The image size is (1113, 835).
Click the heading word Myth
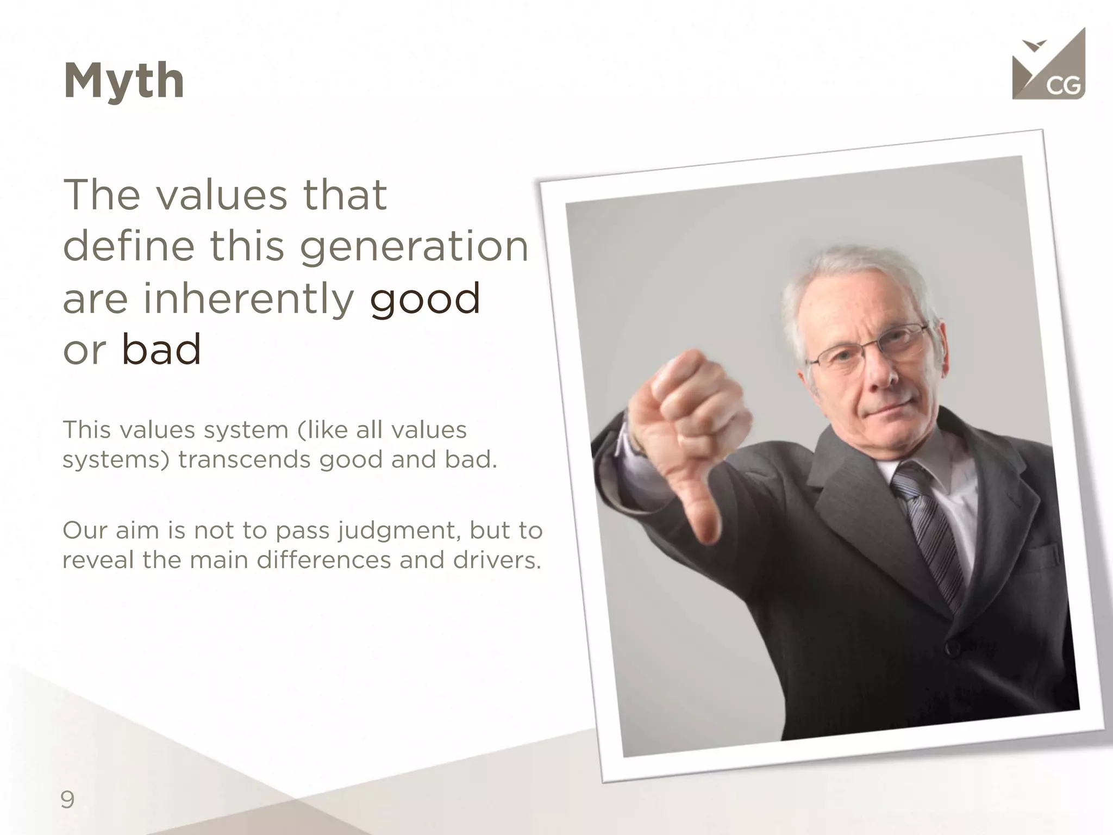pyautogui.click(x=124, y=81)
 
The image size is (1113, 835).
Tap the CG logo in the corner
pyautogui.click(x=1048, y=68)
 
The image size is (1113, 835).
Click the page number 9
pyautogui.click(x=67, y=800)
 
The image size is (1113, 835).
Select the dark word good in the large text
pyautogui.click(x=425, y=298)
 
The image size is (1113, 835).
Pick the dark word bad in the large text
pyautogui.click(x=161, y=350)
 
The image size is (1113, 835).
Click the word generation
pyautogui.click(x=413, y=246)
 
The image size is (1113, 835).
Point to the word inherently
pyautogui.click(x=248, y=298)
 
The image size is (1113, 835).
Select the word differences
pyautogui.click(x=324, y=560)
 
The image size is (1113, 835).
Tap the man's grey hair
pyautogui.click(x=848, y=272)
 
